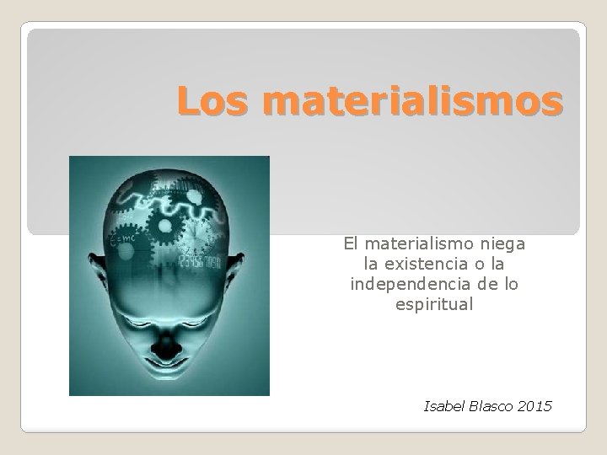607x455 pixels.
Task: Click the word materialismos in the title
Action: click(x=411, y=103)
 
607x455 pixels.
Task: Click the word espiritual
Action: click(x=434, y=303)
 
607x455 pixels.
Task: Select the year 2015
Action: click(x=536, y=407)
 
